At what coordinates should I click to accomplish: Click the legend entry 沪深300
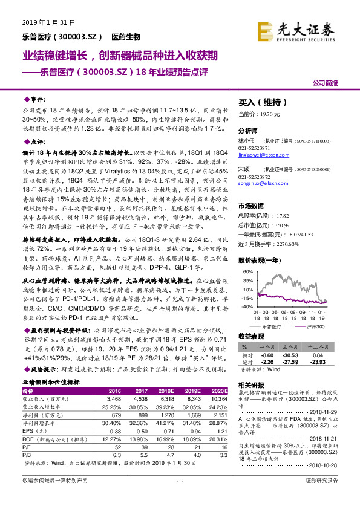pos(313,326)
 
